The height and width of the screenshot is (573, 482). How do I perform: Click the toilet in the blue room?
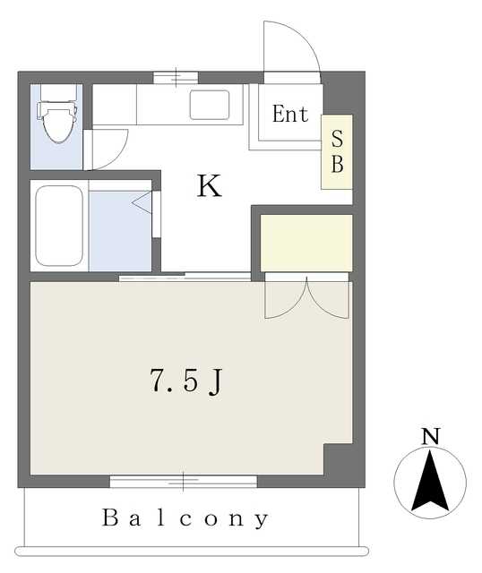[x=56, y=121]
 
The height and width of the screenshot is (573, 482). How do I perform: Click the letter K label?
[x=209, y=186]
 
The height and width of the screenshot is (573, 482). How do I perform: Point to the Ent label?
[x=289, y=115]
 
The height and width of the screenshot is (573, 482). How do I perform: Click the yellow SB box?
[x=337, y=152]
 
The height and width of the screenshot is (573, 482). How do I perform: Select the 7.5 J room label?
[x=185, y=382]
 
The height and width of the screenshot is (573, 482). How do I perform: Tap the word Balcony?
[x=185, y=517]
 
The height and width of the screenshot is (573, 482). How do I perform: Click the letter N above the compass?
[x=431, y=437]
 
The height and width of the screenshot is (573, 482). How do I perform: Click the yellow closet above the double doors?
[x=306, y=242]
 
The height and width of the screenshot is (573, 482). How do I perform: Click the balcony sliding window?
[x=184, y=482]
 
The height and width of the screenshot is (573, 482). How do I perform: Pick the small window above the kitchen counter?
[x=176, y=77]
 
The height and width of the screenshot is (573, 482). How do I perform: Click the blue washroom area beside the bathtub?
[x=119, y=230]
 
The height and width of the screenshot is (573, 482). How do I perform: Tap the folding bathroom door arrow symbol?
[x=142, y=201]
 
